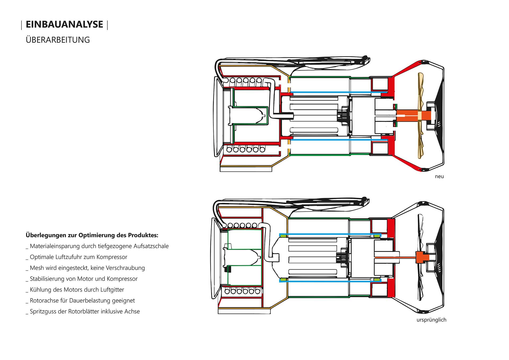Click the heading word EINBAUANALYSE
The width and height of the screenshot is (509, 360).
point(64,24)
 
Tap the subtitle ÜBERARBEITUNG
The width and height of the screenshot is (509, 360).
point(58,40)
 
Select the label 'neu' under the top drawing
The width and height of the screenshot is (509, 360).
point(439,177)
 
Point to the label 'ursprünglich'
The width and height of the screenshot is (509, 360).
point(431,320)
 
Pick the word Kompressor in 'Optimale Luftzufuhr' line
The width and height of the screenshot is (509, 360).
point(112,257)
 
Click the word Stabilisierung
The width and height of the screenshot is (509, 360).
point(48,279)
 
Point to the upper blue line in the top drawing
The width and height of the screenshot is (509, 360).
point(337,93)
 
